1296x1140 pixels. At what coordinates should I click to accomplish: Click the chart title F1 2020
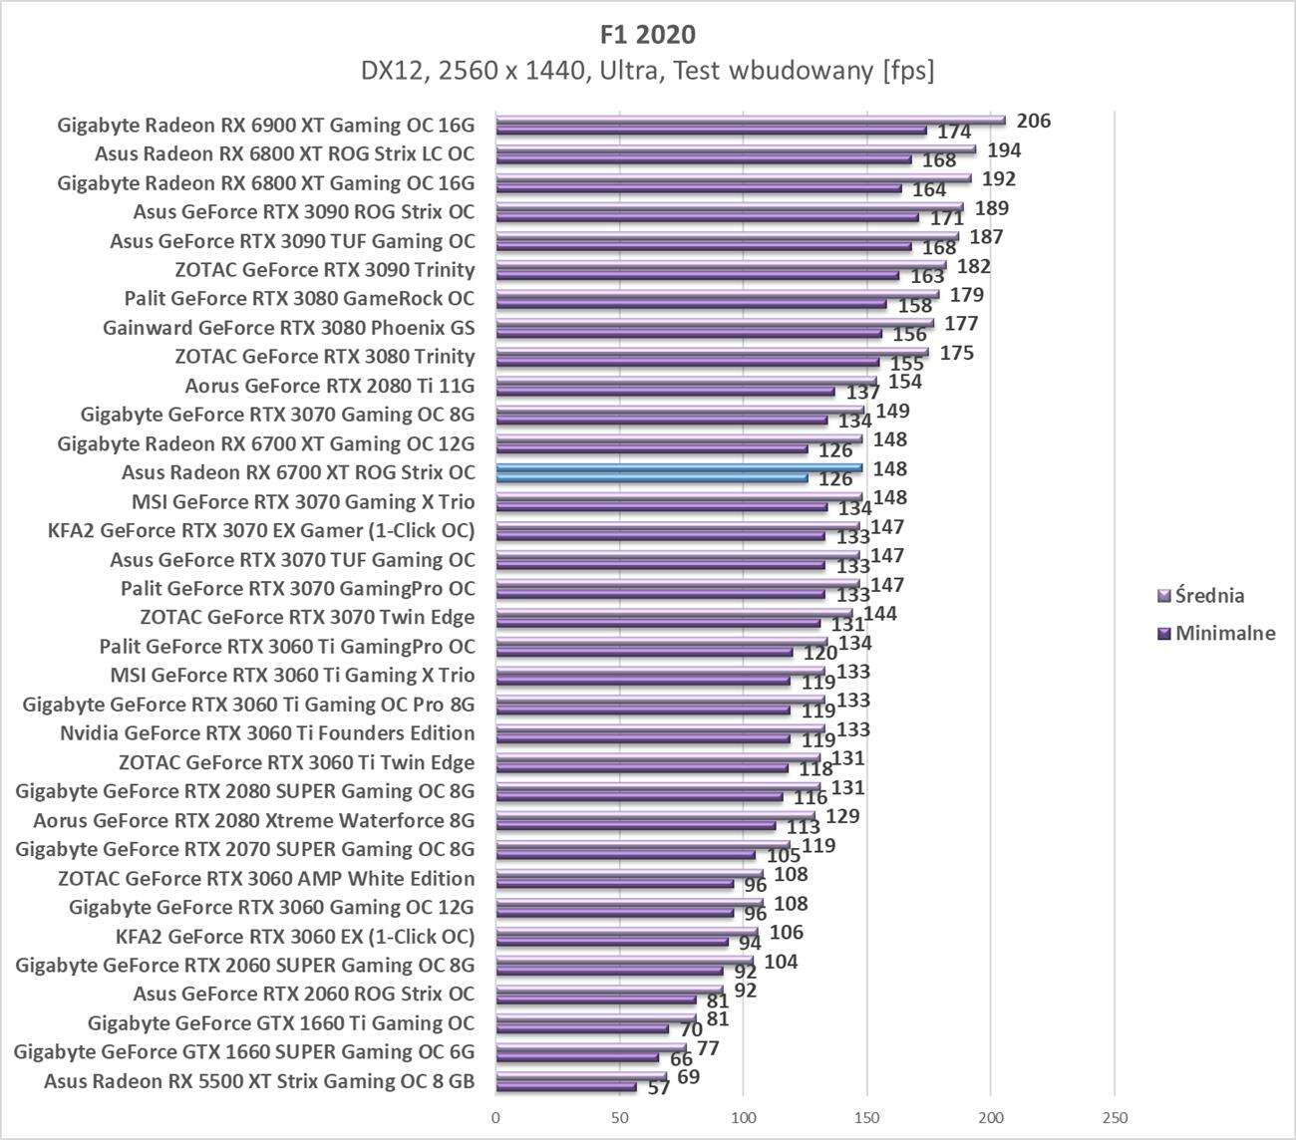coord(647,34)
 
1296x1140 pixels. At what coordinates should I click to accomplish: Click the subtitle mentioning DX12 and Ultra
coord(647,71)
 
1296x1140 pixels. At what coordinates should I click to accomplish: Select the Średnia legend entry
coord(1209,596)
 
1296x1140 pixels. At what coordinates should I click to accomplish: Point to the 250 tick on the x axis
coord(1114,1117)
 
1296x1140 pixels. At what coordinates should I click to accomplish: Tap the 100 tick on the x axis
coord(743,1117)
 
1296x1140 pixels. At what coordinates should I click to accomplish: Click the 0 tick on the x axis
coord(495,1117)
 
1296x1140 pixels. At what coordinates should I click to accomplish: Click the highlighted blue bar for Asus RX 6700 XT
coord(678,467)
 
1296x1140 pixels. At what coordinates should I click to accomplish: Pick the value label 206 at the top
coord(1033,121)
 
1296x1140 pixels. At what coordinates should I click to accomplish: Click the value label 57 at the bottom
coord(659,1088)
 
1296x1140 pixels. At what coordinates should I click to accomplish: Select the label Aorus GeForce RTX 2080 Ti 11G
coord(330,386)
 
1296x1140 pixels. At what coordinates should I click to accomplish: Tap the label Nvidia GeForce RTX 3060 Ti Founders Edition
coord(267,733)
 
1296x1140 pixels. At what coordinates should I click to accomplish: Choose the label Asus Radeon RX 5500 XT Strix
coord(259,1081)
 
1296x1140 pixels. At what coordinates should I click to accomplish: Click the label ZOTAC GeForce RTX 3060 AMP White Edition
coord(266,878)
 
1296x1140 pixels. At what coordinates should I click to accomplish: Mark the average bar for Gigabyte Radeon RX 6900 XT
coord(748,120)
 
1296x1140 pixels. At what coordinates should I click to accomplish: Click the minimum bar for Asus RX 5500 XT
coord(565,1087)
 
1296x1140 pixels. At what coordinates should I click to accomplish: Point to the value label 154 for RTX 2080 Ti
coord(904,382)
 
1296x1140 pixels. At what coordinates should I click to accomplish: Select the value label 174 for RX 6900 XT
coord(954,132)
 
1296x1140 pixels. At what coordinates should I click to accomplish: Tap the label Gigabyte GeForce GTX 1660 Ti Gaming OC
coord(281,1023)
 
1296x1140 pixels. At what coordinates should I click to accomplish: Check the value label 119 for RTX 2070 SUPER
coord(818,846)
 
